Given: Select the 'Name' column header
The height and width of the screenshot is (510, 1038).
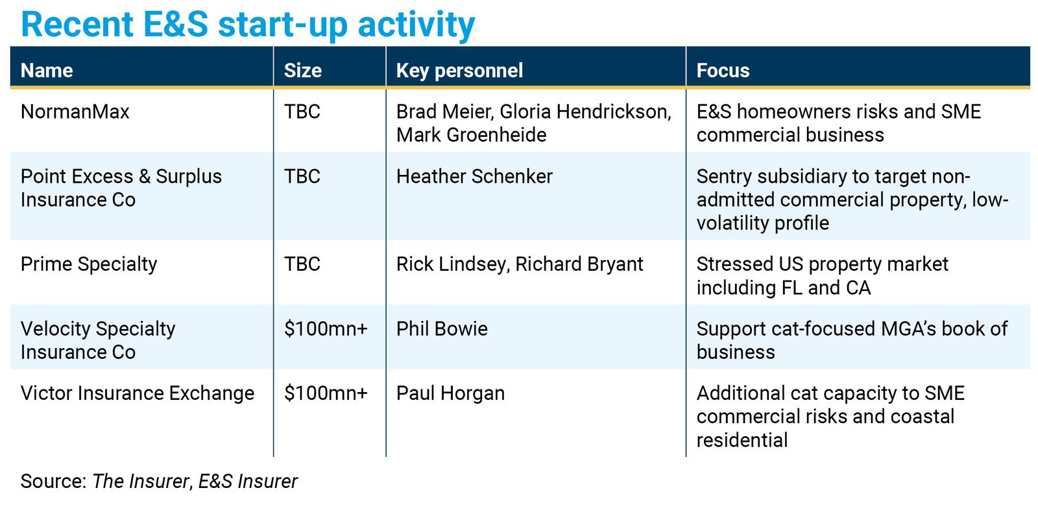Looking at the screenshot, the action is pyautogui.click(x=47, y=71).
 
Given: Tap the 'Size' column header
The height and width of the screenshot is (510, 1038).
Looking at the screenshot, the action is pyautogui.click(x=302, y=71).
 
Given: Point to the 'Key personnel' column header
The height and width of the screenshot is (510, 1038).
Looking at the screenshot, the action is pyautogui.click(x=459, y=71).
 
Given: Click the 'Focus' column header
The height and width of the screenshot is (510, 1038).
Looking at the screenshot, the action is pyautogui.click(x=723, y=71).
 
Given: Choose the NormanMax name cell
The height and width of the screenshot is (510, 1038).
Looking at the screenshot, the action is pyautogui.click(x=75, y=111).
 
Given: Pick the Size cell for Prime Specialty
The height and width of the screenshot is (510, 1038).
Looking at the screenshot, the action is pyautogui.click(x=302, y=264).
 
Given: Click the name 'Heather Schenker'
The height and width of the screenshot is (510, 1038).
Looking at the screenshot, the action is pyautogui.click(x=474, y=176).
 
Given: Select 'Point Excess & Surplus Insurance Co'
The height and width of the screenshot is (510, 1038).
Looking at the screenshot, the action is pyautogui.click(x=121, y=188).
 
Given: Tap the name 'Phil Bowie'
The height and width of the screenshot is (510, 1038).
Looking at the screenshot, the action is pyautogui.click(x=442, y=329).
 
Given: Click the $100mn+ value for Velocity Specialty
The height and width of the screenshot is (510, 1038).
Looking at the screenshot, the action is pyautogui.click(x=326, y=329).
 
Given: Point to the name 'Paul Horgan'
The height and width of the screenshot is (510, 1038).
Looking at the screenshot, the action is pyautogui.click(x=450, y=393).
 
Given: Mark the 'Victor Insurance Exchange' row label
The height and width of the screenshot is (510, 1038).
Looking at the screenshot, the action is pyautogui.click(x=138, y=393).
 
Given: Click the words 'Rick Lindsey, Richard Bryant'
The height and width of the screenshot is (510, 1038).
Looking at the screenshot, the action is pyautogui.click(x=520, y=264).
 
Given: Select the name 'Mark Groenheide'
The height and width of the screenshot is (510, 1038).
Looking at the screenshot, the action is pyautogui.click(x=471, y=135).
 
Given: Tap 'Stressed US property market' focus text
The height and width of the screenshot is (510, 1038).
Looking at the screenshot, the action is pyautogui.click(x=823, y=264).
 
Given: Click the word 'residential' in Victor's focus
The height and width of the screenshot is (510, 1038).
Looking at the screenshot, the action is pyautogui.click(x=742, y=440).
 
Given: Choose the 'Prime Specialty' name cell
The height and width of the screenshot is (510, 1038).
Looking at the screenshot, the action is pyautogui.click(x=89, y=264).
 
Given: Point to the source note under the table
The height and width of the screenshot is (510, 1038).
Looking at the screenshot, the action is pyautogui.click(x=159, y=481).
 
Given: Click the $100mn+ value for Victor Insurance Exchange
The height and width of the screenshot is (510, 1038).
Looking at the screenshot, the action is pyautogui.click(x=326, y=393).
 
